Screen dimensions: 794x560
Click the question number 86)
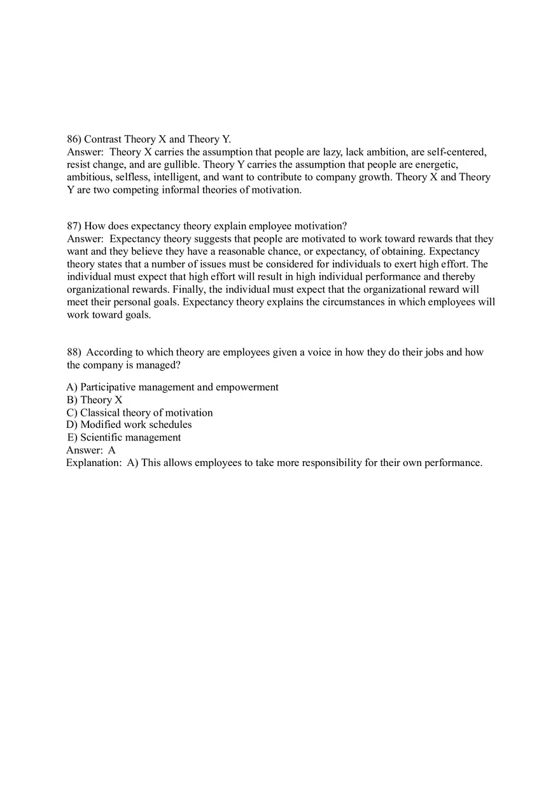pos(74,139)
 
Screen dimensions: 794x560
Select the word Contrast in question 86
pos(102,139)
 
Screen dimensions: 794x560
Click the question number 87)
pos(74,226)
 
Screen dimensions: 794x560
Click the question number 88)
pos(74,352)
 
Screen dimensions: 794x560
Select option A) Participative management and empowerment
pos(172,387)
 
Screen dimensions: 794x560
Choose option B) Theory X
pos(94,400)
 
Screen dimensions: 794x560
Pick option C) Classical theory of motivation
pos(139,413)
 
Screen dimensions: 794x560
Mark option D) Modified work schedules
pos(129,425)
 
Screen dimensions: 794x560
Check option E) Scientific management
pos(124,437)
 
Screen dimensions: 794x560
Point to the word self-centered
pos(457,152)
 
